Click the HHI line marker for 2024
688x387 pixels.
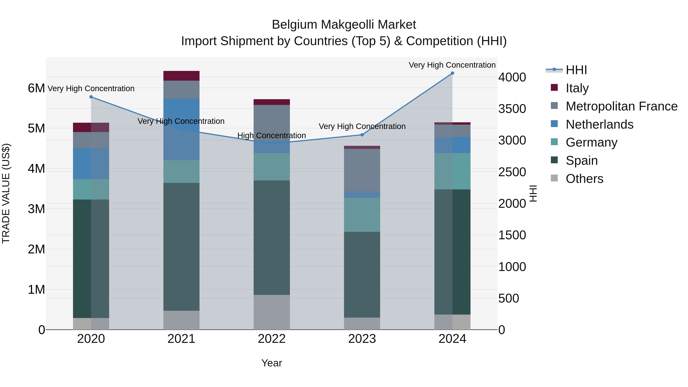[452, 73]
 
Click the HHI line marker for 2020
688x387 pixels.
[91, 97]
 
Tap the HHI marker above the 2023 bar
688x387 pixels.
[362, 135]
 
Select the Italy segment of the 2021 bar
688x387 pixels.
[181, 76]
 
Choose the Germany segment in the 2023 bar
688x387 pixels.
[362, 215]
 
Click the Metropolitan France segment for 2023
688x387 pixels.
[362, 170]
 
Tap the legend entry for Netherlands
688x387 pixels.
[599, 124]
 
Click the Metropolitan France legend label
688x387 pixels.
[621, 106]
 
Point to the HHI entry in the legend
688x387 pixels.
[576, 70]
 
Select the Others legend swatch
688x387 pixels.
[554, 178]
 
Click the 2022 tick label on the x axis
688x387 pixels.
[272, 339]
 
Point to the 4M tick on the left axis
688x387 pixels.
[36, 169]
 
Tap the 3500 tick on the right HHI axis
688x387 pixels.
[512, 109]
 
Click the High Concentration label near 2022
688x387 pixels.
[272, 136]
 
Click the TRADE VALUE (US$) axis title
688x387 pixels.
[6, 193]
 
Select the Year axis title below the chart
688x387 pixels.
[272, 363]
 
